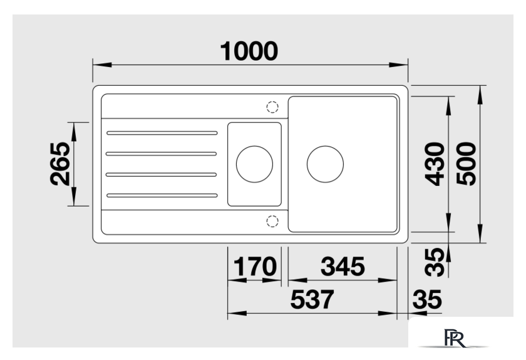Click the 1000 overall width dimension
click(x=249, y=51)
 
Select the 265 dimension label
click(x=60, y=164)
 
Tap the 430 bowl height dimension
click(x=435, y=164)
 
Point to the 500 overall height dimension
click(x=467, y=164)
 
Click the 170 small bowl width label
click(x=255, y=266)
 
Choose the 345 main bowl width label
click(x=343, y=266)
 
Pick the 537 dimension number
click(x=312, y=299)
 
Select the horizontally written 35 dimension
click(x=427, y=299)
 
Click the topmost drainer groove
click(x=162, y=133)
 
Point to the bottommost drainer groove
click(x=162, y=195)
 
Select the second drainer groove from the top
click(x=162, y=154)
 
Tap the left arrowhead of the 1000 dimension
click(x=102, y=64)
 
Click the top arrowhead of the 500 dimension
click(x=481, y=95)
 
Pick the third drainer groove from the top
click(x=162, y=175)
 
